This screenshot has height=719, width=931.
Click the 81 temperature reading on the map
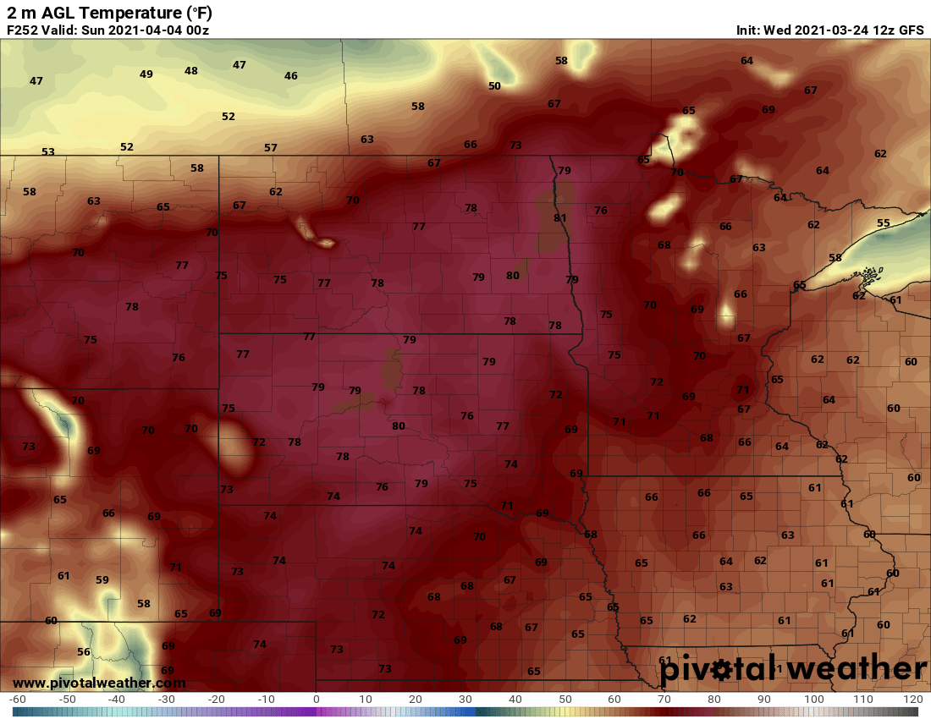coord(559,218)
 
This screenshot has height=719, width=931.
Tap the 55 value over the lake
coord(884,223)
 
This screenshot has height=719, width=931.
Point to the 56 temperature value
coord(83,652)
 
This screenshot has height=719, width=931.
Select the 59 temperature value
coord(102,580)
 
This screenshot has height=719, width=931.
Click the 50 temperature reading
coord(494,86)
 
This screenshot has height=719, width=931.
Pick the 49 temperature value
coord(146,74)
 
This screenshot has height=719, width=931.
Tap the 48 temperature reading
coord(191,71)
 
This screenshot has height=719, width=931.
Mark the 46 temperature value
coord(291,76)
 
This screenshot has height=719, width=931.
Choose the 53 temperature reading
coord(48,152)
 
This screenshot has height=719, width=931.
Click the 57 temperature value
coord(271,148)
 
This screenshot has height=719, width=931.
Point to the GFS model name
coord(911,30)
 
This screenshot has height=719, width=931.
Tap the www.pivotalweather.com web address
coord(99,683)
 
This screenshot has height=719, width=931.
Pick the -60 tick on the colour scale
coord(18,700)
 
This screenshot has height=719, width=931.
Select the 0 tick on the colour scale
coord(317,700)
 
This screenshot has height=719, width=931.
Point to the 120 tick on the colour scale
coord(912,700)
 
